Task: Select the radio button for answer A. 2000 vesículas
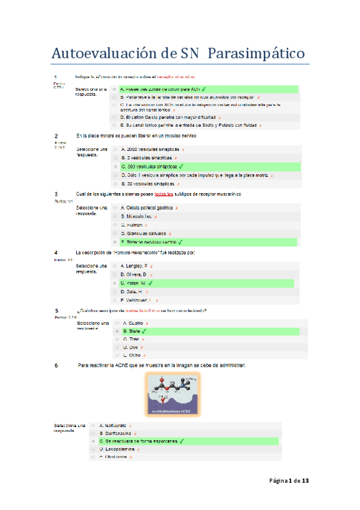115,148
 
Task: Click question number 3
56,194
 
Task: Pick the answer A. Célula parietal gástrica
147,207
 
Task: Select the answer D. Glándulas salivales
145,233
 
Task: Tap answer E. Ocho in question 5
132,355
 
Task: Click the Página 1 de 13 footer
288,481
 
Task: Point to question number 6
56,366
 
